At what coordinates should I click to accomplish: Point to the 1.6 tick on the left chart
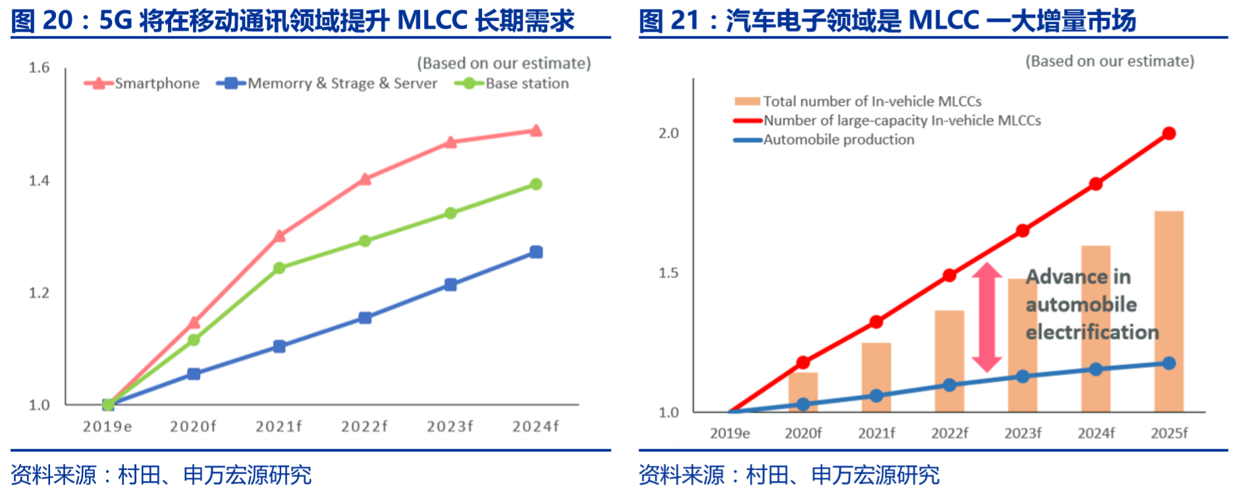pyautogui.click(x=40, y=68)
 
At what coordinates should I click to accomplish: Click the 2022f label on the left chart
pyautogui.click(x=365, y=427)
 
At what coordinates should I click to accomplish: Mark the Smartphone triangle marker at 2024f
pyautogui.click(x=536, y=130)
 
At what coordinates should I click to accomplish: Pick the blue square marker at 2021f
pyautogui.click(x=279, y=346)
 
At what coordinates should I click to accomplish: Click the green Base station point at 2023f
pyautogui.click(x=450, y=213)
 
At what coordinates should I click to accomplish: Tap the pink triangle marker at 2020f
pyautogui.click(x=194, y=322)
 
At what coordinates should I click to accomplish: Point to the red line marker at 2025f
pyautogui.click(x=1169, y=134)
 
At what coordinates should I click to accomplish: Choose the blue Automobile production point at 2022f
pyautogui.click(x=949, y=385)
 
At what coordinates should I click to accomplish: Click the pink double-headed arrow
pyautogui.click(x=987, y=317)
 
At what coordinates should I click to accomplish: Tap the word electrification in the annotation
pyautogui.click(x=1092, y=332)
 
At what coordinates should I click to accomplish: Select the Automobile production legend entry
pyautogui.click(x=838, y=140)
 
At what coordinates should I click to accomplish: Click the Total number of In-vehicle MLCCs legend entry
pyautogui.click(x=872, y=101)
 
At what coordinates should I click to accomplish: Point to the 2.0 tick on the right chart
pyautogui.click(x=668, y=134)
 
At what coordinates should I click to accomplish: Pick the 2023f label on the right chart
pyautogui.click(x=1022, y=433)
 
